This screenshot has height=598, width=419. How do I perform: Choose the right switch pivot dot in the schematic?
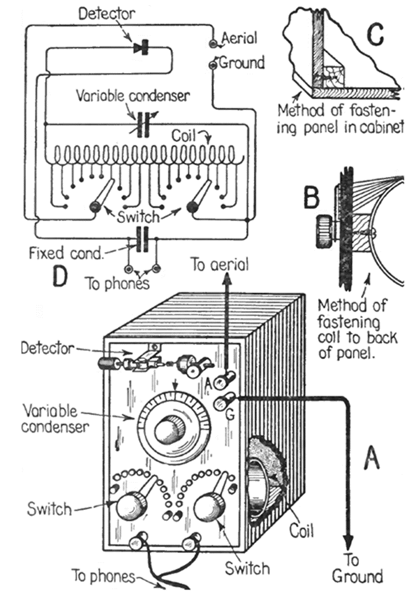pyautogui.click(x=192, y=207)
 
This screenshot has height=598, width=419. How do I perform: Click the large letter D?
pyautogui.click(x=61, y=277)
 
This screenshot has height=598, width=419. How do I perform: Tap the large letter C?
pyautogui.click(x=375, y=36)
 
